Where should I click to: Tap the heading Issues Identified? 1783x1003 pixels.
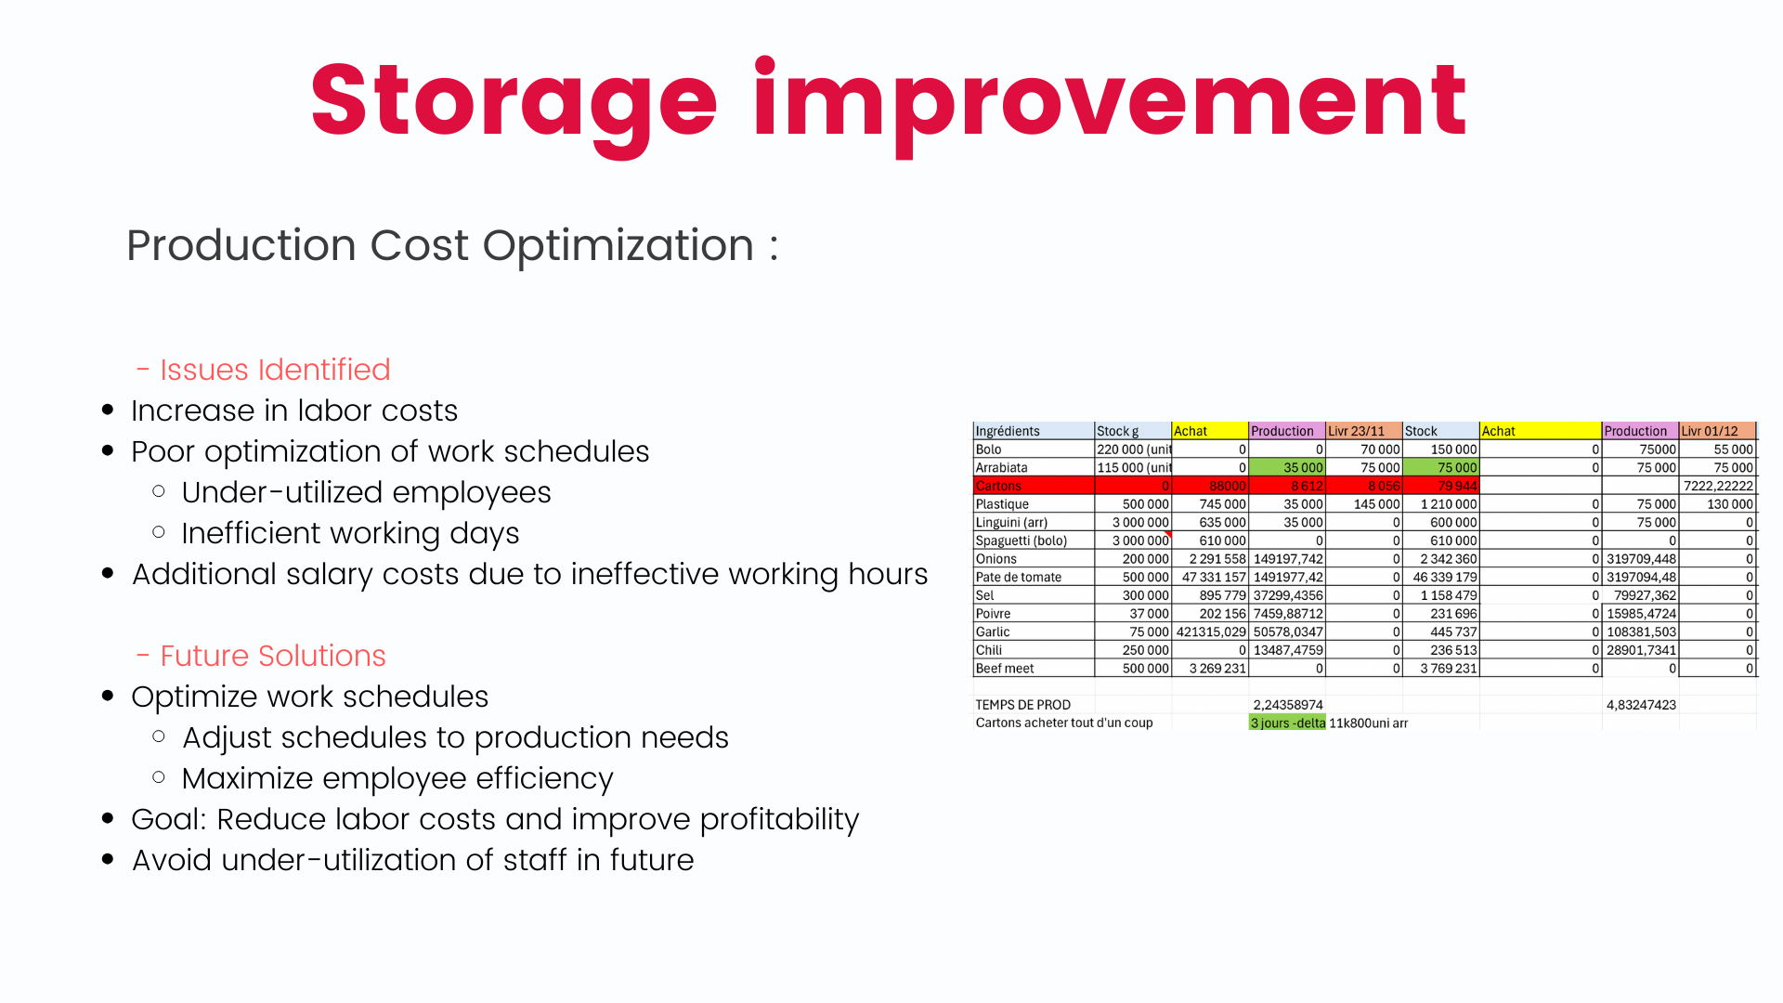point(275,370)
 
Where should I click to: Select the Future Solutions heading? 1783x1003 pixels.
point(273,656)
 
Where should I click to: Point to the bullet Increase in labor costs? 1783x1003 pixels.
point(294,410)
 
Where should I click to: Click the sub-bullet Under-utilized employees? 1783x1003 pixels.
point(366,492)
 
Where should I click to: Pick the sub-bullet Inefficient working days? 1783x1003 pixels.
point(350,534)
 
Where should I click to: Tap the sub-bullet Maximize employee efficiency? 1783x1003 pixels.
point(397,778)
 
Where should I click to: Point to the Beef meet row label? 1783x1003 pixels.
point(1005,669)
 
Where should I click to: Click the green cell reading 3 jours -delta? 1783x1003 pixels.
point(1287,723)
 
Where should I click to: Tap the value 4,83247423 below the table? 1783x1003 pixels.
point(1641,705)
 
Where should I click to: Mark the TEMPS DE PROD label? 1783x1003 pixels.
point(1022,705)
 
